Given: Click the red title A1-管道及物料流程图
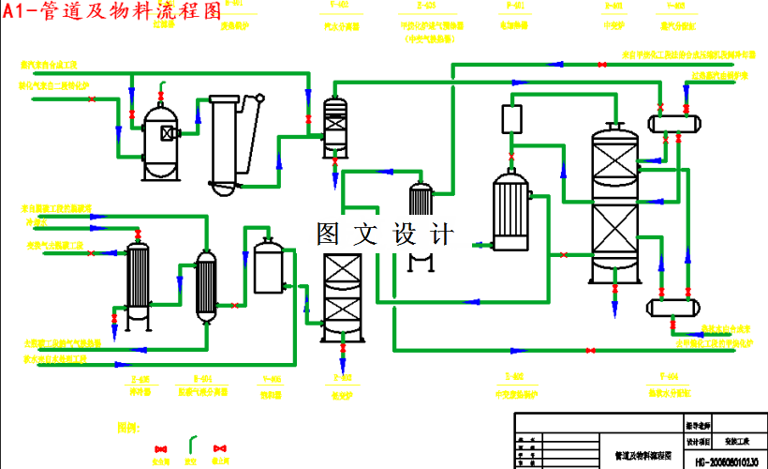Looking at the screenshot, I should [111, 11].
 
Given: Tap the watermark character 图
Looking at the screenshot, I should [330, 234].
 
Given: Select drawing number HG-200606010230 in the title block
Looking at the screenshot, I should [726, 461].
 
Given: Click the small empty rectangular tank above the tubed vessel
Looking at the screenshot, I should [511, 120].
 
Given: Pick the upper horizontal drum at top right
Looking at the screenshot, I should [674, 121].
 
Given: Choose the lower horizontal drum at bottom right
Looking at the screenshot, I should [674, 306].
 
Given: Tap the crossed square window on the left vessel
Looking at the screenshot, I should [168, 132].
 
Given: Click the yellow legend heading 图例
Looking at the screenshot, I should [128, 428].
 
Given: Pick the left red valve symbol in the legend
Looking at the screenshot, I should [159, 449].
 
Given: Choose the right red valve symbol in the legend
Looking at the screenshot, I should [221, 449].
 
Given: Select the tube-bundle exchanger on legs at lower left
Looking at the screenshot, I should [139, 280].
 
